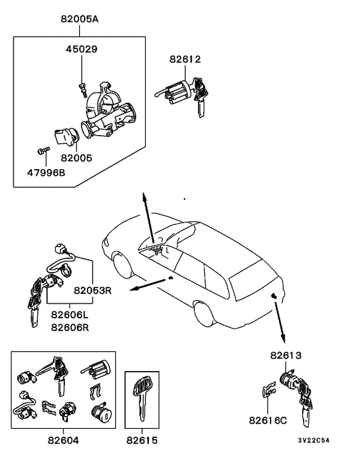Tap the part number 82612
185,60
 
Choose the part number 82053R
92,290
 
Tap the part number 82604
63,441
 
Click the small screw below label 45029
82,89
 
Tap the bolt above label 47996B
44,151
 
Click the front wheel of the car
122,266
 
